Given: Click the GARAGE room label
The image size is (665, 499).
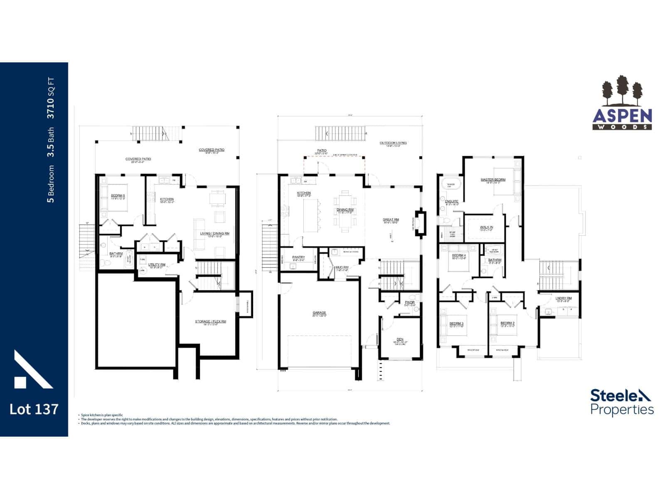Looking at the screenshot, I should pos(319,313).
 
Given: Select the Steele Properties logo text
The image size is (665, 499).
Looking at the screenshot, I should pos(622,402).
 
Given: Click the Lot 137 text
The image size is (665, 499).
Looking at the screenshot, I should pos(34,409).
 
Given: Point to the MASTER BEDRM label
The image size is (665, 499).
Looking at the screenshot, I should pos(493,180).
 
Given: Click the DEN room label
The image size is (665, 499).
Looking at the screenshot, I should pos(400,339).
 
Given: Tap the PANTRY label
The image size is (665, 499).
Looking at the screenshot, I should pos(298,257).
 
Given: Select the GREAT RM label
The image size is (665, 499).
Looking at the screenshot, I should pos(391,220).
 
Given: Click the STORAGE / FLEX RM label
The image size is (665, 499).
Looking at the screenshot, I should pos(210,321).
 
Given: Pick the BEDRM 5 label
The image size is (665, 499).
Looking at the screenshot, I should pos(118,196).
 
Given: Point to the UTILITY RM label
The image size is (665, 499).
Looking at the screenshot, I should pos(157,264).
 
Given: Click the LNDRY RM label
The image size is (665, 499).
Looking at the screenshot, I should pos(564,298).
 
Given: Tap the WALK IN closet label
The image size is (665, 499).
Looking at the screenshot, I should pos(486,227).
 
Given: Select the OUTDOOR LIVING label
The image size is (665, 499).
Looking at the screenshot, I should pos(393,143).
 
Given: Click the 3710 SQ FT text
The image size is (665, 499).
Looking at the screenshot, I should pos(50,98).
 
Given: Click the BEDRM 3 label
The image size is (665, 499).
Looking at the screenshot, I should pos(456,323).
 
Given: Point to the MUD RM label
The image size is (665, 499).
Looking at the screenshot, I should pos(342,267).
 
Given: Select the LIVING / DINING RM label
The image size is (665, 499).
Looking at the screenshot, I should pos(214,233).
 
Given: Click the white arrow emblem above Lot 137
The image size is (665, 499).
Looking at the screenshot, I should pos(32,370).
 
